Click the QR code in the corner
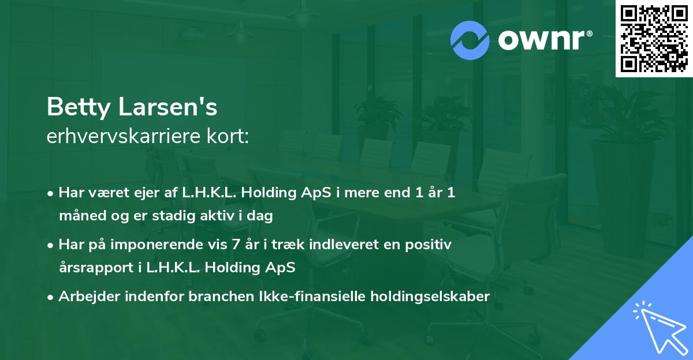(654, 38)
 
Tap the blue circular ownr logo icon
(470, 40)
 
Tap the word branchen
(214, 297)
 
